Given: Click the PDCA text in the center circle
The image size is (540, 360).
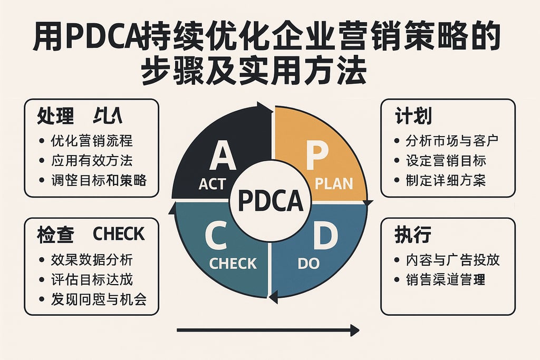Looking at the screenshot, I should coord(271,200).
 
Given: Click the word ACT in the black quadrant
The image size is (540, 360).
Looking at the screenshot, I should coord(213,184).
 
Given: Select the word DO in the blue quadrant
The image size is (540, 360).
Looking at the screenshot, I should coord(308,263).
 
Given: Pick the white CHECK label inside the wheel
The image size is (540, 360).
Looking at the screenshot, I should coord(233,263).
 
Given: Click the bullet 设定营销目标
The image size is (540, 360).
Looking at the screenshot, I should coord(446,160).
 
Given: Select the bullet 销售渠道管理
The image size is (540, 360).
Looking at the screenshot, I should coord(446,279).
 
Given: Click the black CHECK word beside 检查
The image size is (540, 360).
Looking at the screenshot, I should coord(118,233).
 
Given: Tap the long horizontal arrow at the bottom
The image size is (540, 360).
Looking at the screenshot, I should coord(267,330).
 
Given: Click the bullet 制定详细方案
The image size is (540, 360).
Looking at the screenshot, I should coord(446,180).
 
